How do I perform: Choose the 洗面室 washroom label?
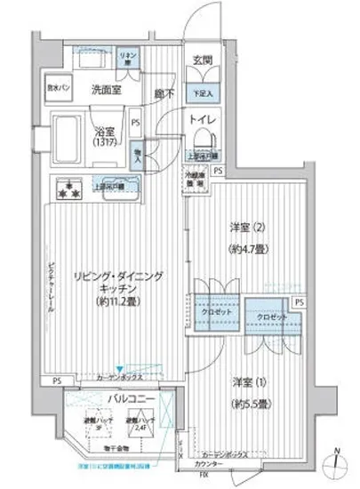tap(106, 89)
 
